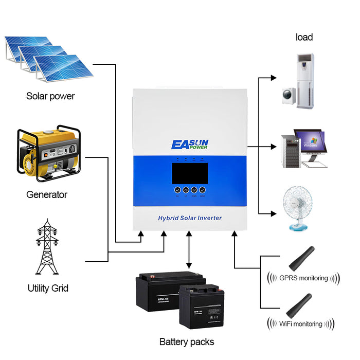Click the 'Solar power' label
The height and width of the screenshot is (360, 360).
(x=50, y=96)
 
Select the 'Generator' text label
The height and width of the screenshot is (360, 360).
(x=47, y=195)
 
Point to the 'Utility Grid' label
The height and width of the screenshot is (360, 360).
(x=48, y=288)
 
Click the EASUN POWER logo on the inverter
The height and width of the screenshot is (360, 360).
(x=190, y=143)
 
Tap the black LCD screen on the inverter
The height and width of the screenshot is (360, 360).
(x=190, y=172)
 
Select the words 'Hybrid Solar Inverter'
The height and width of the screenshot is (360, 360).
(x=190, y=218)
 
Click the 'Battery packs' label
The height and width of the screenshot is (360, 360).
(x=187, y=341)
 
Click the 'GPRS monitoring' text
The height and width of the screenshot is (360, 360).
(x=303, y=278)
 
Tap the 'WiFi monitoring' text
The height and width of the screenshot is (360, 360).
(x=301, y=324)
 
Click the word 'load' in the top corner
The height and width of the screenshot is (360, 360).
(x=304, y=37)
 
